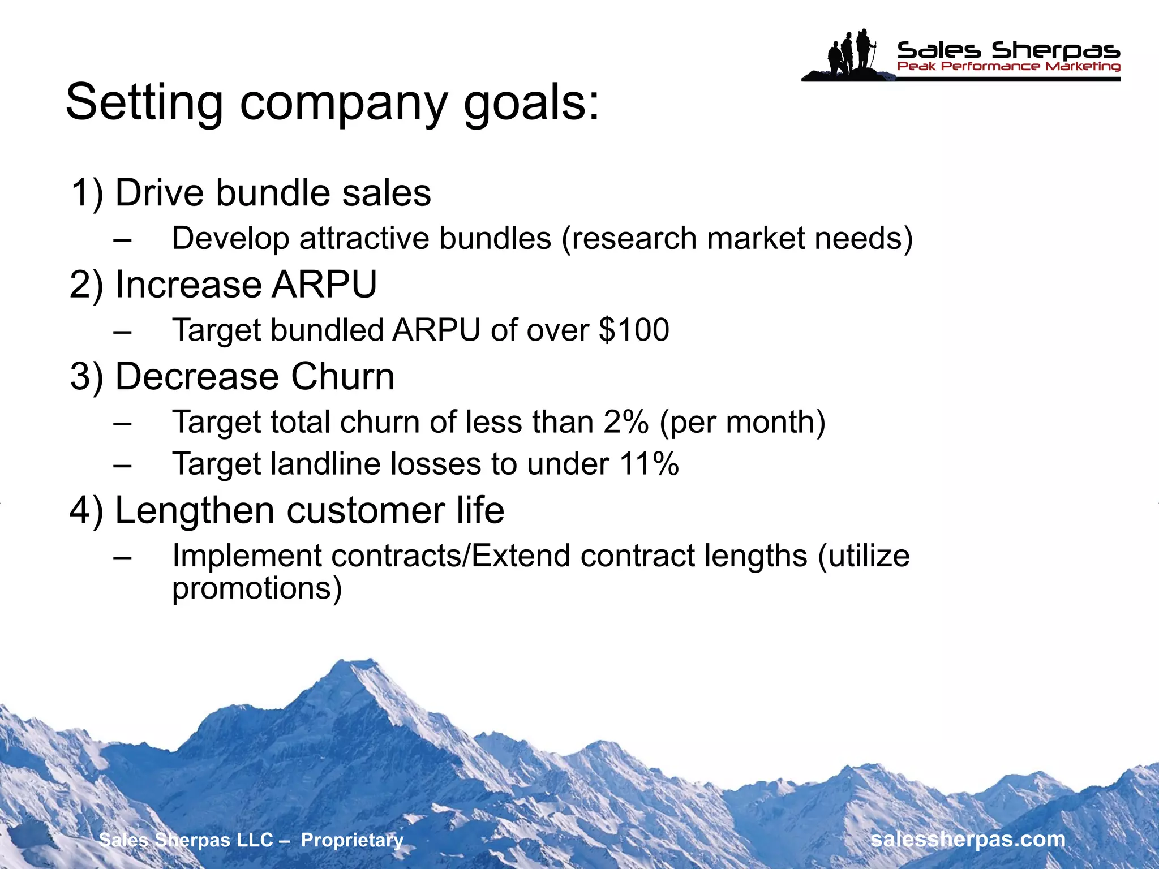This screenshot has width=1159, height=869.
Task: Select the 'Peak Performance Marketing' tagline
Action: click(1008, 67)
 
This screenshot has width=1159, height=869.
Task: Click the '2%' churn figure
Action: click(625, 422)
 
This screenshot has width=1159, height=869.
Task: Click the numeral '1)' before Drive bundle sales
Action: click(87, 193)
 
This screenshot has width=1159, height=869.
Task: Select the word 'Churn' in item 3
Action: click(342, 377)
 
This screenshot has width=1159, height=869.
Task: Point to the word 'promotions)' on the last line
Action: click(257, 588)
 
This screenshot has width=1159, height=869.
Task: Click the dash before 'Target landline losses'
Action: click(122, 465)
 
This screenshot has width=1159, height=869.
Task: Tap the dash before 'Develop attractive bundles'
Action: click(122, 239)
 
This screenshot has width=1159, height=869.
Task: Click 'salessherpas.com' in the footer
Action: click(968, 839)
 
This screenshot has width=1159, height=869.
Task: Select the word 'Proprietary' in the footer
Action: click(352, 840)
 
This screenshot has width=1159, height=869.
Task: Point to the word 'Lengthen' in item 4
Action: click(196, 510)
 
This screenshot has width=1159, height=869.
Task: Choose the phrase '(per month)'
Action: click(742, 422)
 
